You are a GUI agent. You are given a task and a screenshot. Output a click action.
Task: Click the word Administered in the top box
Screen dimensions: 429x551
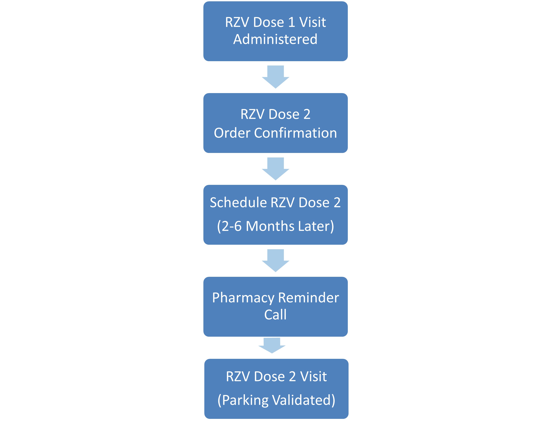click(x=275, y=39)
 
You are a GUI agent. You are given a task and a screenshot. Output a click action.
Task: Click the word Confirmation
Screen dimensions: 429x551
click(x=295, y=133)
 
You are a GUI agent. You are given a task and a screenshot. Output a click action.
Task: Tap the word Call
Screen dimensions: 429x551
click(x=275, y=315)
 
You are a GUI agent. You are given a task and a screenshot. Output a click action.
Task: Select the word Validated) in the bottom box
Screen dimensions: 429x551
click(x=304, y=400)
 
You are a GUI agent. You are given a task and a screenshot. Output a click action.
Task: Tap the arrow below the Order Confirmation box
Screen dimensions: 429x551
click(x=275, y=169)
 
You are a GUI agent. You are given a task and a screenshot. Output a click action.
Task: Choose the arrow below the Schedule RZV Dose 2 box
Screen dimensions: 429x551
click(x=275, y=261)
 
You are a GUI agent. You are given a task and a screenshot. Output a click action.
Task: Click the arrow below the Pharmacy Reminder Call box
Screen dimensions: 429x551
click(x=272, y=345)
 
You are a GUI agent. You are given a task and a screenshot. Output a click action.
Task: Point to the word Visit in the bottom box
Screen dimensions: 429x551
click(x=313, y=377)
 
